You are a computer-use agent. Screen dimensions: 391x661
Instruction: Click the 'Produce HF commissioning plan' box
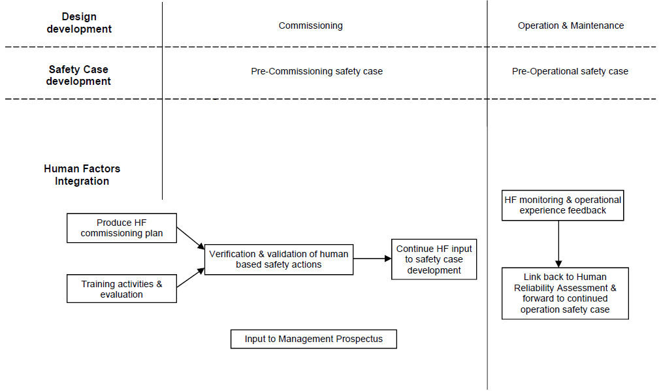click(x=121, y=228)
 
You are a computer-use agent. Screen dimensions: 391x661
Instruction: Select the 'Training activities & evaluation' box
click(x=121, y=289)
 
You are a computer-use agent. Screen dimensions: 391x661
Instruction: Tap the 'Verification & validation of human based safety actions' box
click(x=279, y=259)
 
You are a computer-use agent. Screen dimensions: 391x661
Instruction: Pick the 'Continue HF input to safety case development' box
click(x=434, y=259)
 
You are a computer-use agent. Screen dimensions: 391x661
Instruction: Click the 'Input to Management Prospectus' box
click(x=314, y=339)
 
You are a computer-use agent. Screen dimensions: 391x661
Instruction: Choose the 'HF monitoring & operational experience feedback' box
click(x=562, y=205)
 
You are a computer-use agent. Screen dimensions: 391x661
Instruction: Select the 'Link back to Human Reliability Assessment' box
click(x=565, y=293)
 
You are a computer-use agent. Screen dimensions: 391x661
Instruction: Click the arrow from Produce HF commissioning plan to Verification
click(x=191, y=238)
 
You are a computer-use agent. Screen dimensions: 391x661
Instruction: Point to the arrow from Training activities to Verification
click(x=191, y=278)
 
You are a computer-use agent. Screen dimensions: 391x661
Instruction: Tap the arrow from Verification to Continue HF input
click(x=372, y=259)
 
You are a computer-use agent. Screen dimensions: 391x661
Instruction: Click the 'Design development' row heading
click(x=79, y=23)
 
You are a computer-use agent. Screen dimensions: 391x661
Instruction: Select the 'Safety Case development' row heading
click(x=78, y=75)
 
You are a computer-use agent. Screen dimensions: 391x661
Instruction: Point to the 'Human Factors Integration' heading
click(x=82, y=175)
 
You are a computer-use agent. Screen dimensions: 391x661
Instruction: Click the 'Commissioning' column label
click(x=310, y=26)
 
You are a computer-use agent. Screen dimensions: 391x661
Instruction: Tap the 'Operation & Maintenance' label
click(x=571, y=26)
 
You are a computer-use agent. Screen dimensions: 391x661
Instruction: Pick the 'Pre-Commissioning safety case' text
click(x=317, y=71)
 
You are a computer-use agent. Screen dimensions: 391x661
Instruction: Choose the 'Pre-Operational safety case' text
click(x=570, y=71)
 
